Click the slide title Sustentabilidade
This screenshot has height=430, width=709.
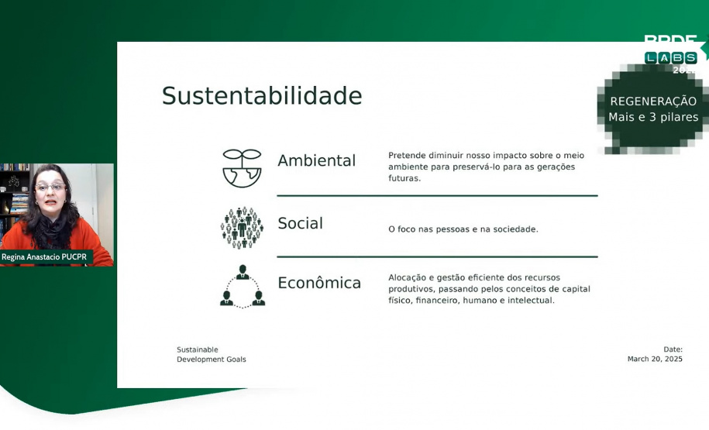coord(261,96)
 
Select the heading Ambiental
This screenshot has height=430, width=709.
coord(316,160)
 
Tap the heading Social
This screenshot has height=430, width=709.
coord(300,223)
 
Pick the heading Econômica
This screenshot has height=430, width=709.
coord(319,283)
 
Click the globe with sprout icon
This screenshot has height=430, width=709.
coord(242,168)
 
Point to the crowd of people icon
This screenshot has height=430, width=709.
coord(242,228)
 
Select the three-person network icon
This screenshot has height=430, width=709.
coord(242,287)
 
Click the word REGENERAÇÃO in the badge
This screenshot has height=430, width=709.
coord(653,101)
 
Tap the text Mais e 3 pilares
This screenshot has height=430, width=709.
coord(653,118)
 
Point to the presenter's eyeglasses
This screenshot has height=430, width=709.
coord(50,187)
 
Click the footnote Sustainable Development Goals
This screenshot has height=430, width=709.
coord(211,354)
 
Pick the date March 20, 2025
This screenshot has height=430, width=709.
coord(655,359)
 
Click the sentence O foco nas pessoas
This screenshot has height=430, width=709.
coord(463,229)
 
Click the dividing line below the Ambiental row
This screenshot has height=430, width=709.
coord(437,195)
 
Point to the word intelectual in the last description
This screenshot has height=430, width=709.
coord(529,301)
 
